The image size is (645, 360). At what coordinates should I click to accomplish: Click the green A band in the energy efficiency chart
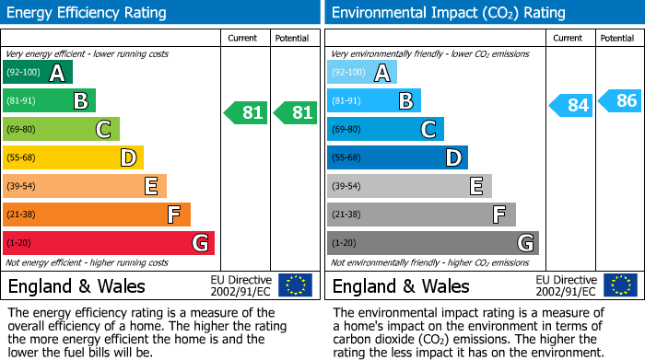[x=38, y=73]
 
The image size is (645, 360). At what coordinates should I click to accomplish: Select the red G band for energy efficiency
[x=109, y=243]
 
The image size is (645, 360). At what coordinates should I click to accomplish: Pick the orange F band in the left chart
[x=97, y=215]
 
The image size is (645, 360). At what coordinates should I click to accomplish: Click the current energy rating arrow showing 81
[x=246, y=113]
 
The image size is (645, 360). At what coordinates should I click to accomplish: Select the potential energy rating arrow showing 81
[x=296, y=113]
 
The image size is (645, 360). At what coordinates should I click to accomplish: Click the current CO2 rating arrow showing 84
[x=570, y=105]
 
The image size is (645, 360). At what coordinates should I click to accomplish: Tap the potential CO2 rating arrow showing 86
[x=619, y=100]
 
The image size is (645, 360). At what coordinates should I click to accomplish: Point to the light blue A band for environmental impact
[x=362, y=73]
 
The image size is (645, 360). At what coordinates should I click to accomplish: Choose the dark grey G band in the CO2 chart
[x=433, y=243]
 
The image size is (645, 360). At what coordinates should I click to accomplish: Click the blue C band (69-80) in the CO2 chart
[x=385, y=129]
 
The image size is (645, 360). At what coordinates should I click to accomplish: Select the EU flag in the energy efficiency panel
[x=295, y=285]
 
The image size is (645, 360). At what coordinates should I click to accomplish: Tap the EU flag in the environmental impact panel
[x=619, y=285]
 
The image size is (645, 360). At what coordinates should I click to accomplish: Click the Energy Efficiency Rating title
[x=88, y=13]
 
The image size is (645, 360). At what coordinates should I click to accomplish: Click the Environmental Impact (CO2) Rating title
[x=448, y=13]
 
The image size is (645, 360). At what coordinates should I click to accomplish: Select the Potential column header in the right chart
[x=617, y=39]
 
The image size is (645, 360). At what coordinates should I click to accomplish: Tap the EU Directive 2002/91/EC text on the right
[x=568, y=285]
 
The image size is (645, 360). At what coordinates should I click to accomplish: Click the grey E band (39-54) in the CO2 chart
[x=409, y=186]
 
